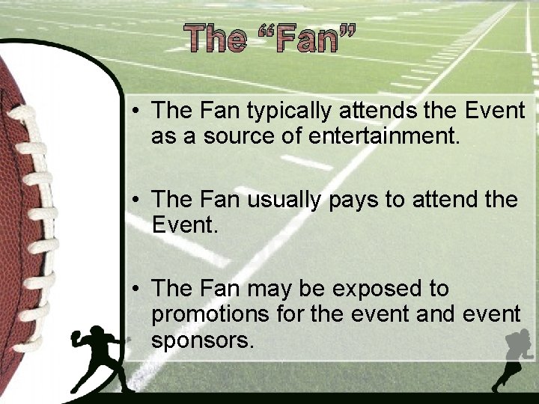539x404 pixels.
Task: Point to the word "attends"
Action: [x=363, y=111]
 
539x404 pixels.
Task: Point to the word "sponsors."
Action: [x=203, y=340]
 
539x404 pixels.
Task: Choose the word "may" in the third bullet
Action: [x=273, y=289]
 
